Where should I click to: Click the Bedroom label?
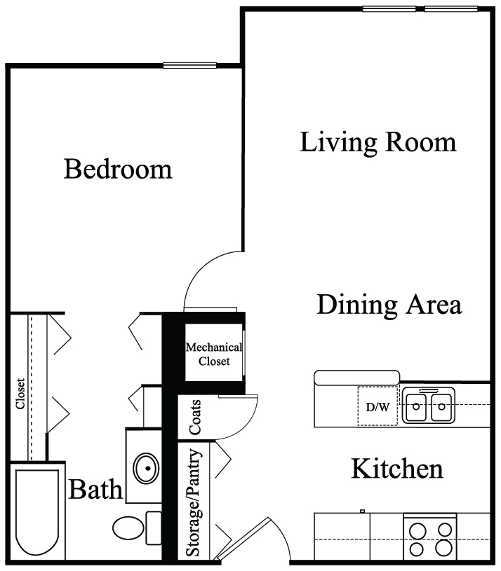(x=118, y=169)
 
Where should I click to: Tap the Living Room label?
(x=378, y=142)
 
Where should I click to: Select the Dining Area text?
(x=389, y=305)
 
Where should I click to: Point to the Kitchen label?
(x=397, y=469)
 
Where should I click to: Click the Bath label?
(x=95, y=489)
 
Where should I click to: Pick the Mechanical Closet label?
(x=214, y=354)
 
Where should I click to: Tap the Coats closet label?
(x=194, y=418)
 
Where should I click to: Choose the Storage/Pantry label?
(x=193, y=503)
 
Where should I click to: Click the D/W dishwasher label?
(x=378, y=407)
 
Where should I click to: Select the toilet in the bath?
(x=137, y=528)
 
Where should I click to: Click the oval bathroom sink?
(x=146, y=468)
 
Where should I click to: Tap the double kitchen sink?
(x=429, y=406)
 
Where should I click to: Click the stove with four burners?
(x=430, y=538)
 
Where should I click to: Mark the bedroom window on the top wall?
(x=189, y=66)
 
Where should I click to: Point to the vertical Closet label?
(x=20, y=394)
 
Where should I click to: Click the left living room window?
(x=389, y=9)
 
